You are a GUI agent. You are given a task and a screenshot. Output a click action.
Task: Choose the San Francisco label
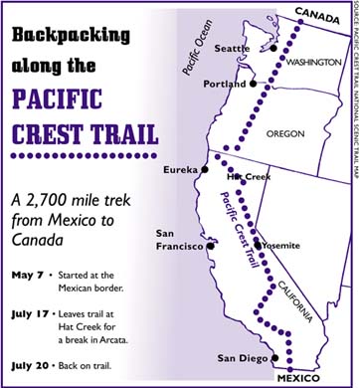(179, 240)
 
